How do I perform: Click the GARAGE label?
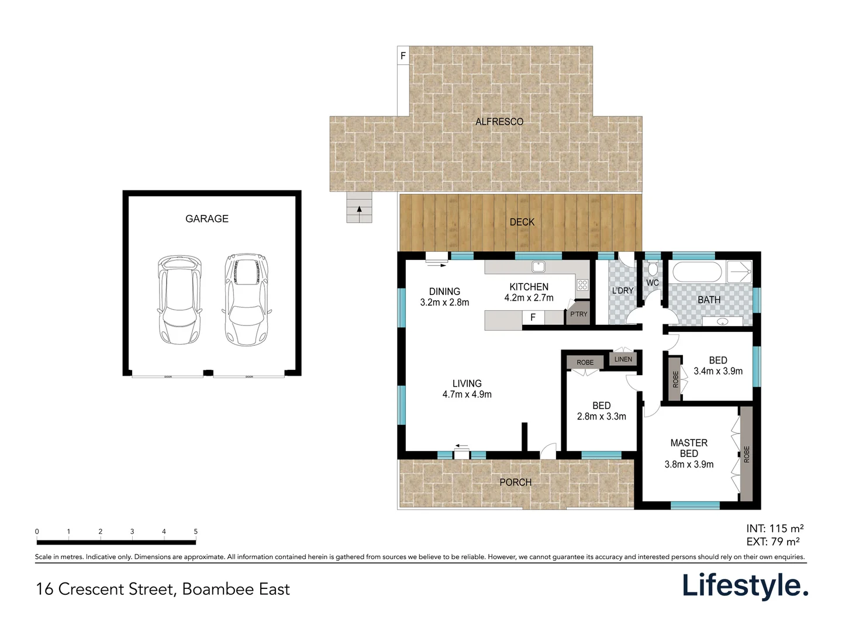206,219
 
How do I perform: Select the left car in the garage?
180,299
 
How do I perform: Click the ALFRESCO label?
499,122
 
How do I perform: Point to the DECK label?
522,222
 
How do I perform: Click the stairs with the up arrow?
359,207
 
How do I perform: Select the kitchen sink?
538,267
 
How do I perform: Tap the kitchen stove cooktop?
582,285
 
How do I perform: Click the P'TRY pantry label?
578,314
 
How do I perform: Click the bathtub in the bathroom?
698,272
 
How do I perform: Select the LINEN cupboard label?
623,359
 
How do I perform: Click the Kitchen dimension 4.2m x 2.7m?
529,298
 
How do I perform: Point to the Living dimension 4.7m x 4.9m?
467,394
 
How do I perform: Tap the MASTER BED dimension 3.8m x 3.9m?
689,464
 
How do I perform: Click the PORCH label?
515,482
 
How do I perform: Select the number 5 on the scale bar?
195,532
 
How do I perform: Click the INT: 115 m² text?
775,529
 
